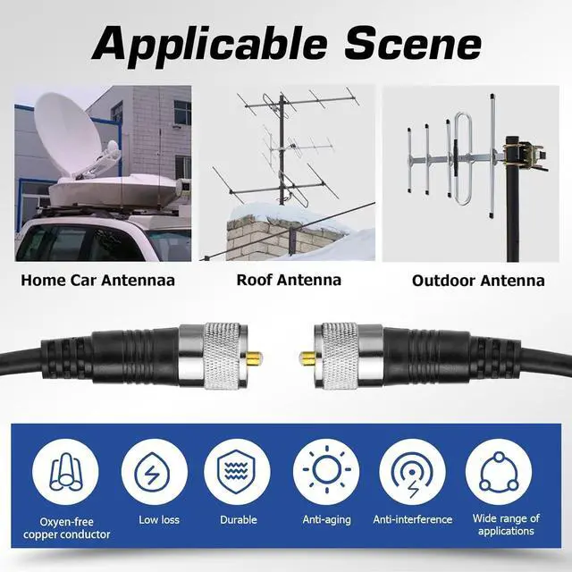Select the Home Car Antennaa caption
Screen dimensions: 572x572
(x=97, y=281)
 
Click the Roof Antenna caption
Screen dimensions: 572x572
(x=289, y=280)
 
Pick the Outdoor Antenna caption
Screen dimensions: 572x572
(x=478, y=281)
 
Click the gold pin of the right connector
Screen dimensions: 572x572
(x=307, y=358)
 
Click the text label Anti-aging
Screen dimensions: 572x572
(x=325, y=520)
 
